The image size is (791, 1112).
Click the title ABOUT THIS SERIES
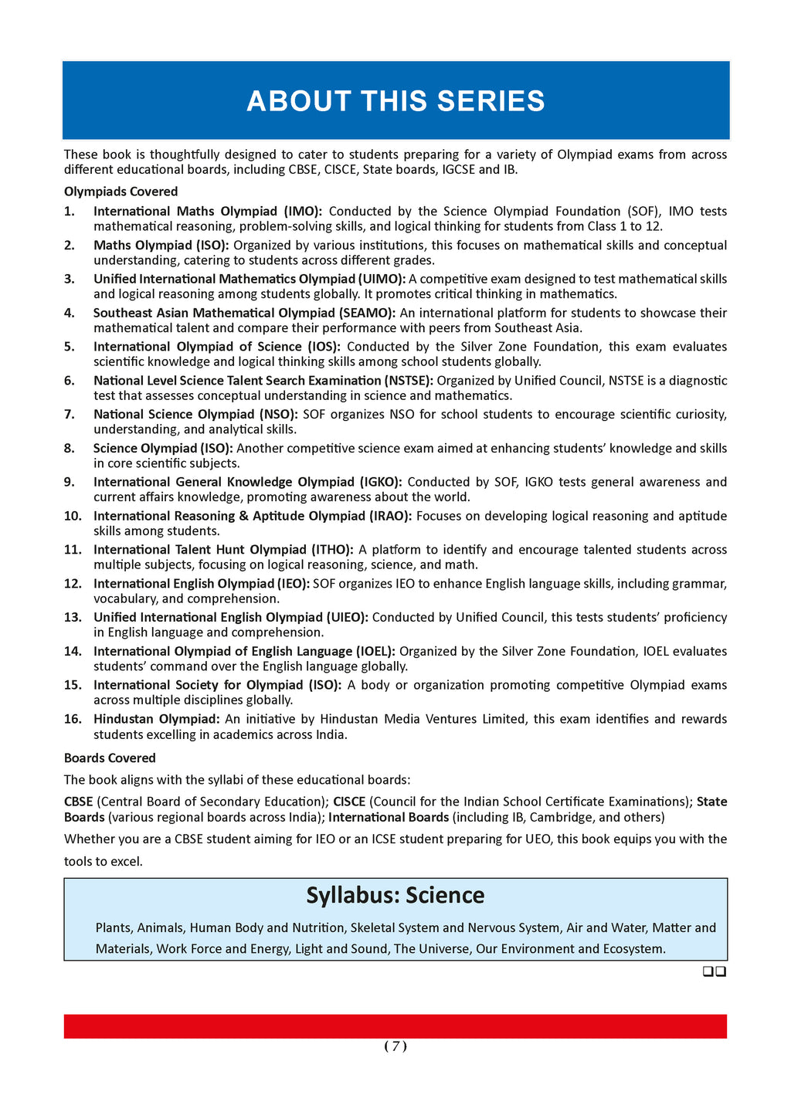[395, 101]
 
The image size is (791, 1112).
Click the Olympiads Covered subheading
[121, 192]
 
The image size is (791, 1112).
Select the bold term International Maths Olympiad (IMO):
[208, 211]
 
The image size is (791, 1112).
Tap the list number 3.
[70, 279]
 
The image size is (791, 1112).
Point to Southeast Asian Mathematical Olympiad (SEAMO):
[244, 313]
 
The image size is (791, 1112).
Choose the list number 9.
[70, 482]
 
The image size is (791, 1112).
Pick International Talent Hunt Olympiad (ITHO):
[223, 550]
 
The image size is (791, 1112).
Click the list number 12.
[73, 584]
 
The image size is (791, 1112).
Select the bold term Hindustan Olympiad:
[157, 719]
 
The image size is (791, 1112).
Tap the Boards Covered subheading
[110, 758]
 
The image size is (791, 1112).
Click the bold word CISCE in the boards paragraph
[349, 802]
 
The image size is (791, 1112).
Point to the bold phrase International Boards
[389, 817]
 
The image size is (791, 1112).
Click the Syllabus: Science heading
[395, 895]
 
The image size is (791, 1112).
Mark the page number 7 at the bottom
[395, 1046]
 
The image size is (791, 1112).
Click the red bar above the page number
[395, 1026]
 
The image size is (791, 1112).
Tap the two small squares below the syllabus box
[715, 972]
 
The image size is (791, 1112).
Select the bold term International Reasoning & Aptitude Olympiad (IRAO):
[253, 516]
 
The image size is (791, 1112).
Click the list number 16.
[73, 719]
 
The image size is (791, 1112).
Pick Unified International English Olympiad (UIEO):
[231, 617]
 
